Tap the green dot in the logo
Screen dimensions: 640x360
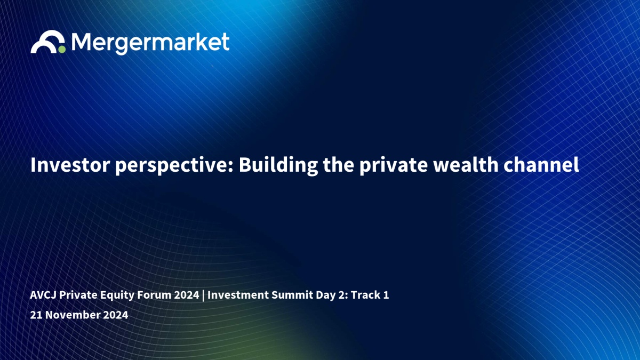pos(62,50)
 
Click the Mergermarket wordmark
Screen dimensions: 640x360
pos(150,43)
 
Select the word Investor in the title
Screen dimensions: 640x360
pos(70,165)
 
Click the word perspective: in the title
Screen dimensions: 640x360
pos(174,166)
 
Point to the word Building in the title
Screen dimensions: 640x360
pos(278,166)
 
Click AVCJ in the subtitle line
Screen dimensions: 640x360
pos(43,295)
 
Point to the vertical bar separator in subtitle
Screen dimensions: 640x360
pos(203,295)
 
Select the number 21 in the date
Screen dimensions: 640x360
pos(36,315)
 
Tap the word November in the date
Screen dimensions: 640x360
pos(73,315)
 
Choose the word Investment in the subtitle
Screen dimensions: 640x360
pos(238,295)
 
